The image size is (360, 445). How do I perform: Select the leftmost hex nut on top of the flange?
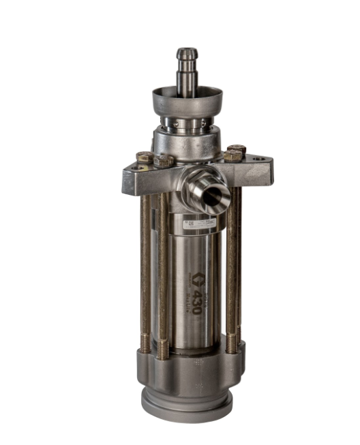coord(145,157)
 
